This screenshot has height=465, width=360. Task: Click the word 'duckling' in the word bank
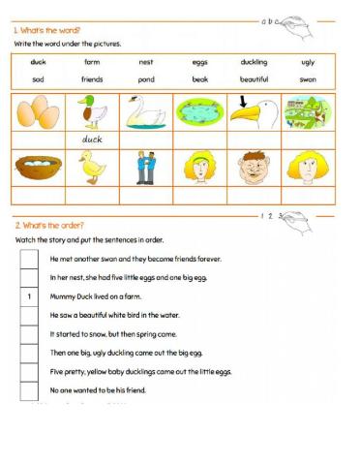pos(254,61)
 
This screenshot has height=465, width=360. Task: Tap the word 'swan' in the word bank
pos(308,79)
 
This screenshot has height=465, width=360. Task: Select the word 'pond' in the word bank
pos(145,79)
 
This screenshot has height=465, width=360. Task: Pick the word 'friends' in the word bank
pos(92,79)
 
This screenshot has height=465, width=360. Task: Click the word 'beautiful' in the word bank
pos(254,79)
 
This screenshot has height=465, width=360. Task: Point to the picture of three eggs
pos(38,112)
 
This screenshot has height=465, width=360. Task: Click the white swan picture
pos(145,111)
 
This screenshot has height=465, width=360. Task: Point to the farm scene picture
pos(307,111)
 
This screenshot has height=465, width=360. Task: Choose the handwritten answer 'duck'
pos(92,139)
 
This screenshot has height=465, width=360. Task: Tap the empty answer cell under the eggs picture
pos(38,139)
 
